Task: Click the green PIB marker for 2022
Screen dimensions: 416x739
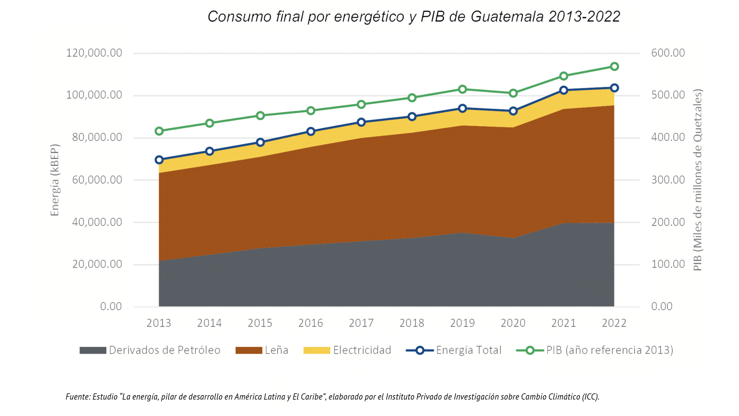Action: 614,67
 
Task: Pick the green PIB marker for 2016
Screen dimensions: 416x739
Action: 311,111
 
